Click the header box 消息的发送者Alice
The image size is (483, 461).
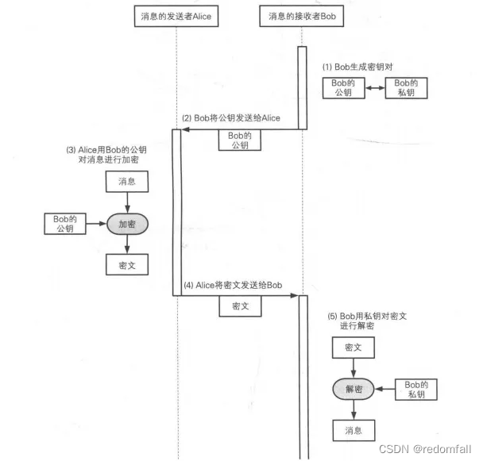176,15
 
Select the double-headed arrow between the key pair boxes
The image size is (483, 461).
375,88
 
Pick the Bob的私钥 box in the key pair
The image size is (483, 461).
407,88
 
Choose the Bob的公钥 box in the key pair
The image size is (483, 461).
343,88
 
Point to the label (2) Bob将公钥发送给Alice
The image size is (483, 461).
231,118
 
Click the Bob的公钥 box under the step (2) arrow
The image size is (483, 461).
239,140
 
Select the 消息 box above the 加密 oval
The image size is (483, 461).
126,182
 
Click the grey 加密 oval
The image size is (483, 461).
127,224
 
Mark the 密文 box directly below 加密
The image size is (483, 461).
126,265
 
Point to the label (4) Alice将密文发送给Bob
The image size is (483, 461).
234,285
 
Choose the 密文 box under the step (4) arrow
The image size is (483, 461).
240,306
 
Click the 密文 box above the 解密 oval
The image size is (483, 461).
354,348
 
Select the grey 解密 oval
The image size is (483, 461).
354,389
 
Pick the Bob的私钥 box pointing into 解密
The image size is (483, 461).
417,389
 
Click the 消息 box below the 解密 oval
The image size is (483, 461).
354,430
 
